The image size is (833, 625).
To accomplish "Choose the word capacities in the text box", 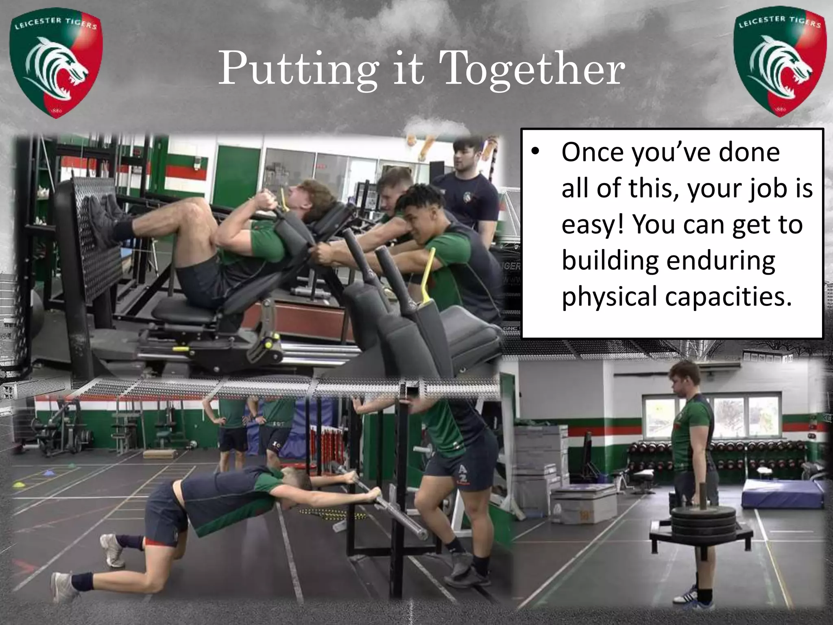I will pyautogui.click(x=728, y=297).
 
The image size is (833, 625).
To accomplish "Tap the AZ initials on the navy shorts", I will pyautogui.click(x=463, y=473).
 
